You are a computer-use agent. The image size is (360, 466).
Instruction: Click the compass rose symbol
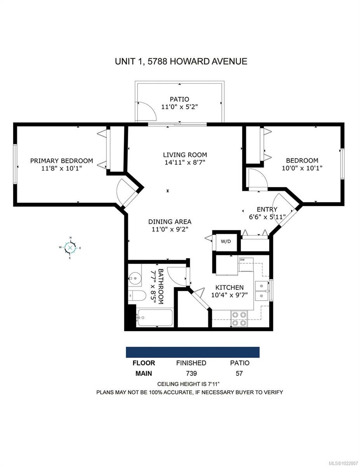click(70, 248)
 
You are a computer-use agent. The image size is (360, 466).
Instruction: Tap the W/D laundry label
click(226, 242)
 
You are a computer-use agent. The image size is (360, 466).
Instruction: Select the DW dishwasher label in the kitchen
click(242, 260)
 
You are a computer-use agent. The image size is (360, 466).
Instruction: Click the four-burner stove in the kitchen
click(239, 318)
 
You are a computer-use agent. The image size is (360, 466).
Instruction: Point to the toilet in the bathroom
click(137, 296)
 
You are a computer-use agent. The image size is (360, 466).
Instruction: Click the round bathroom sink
click(135, 278)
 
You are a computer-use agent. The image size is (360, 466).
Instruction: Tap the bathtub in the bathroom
click(155, 318)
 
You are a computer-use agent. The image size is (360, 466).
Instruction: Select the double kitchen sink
click(262, 291)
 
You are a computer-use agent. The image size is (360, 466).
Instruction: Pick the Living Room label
click(185, 155)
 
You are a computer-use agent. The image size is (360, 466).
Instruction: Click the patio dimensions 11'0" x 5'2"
click(179, 107)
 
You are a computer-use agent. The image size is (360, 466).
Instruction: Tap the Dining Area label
click(170, 221)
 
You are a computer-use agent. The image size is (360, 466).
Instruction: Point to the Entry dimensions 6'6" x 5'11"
click(267, 217)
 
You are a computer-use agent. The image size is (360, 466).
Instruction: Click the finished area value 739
click(191, 373)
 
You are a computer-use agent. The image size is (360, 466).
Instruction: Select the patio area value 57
click(239, 373)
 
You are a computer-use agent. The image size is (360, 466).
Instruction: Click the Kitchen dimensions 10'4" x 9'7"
click(230, 295)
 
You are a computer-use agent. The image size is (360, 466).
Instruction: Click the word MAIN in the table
click(143, 374)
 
